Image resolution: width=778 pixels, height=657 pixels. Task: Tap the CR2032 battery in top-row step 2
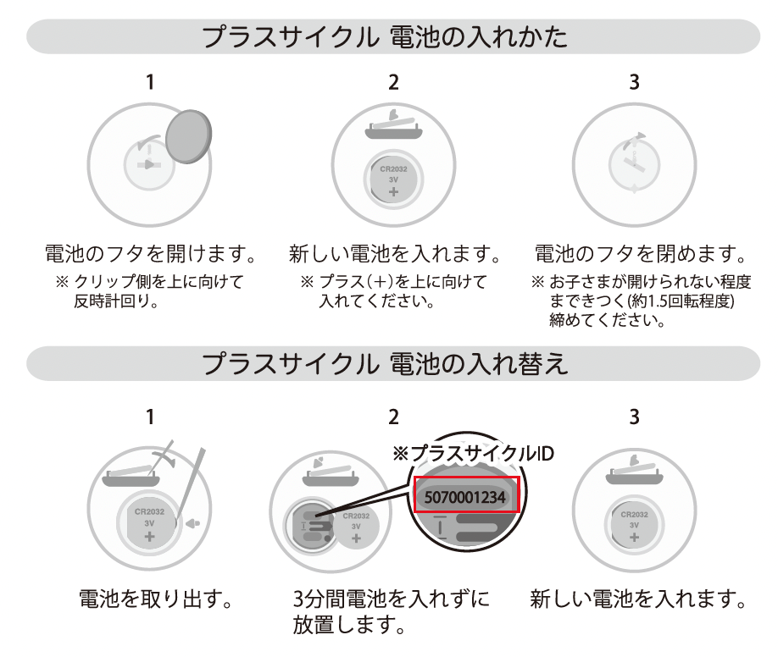point(393,178)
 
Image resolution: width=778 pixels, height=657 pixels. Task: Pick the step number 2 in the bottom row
point(392,417)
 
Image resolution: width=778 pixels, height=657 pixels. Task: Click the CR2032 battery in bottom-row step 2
point(356,526)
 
